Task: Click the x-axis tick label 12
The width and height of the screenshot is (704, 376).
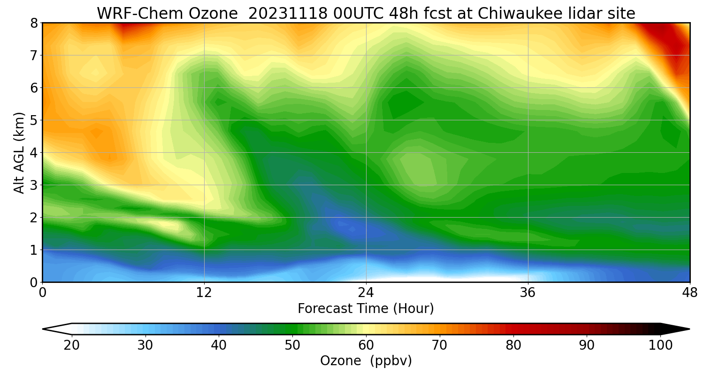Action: tap(204, 293)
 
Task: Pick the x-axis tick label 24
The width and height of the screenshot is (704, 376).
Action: tap(366, 293)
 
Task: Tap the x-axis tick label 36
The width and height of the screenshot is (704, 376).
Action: tap(528, 293)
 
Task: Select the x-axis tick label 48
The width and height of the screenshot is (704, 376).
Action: tap(689, 293)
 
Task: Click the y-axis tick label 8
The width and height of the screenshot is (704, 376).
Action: tap(34, 23)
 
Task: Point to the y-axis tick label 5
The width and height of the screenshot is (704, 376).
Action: tap(34, 120)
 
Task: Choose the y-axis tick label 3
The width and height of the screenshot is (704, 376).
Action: tap(34, 185)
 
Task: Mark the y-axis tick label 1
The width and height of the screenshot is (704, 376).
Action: tap(34, 250)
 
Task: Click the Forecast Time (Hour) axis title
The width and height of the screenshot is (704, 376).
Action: tap(366, 309)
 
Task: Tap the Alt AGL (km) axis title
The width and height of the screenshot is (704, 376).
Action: tap(19, 152)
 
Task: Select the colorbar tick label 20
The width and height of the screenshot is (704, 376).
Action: tap(71, 345)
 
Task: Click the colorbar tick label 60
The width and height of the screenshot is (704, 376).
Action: tap(366, 345)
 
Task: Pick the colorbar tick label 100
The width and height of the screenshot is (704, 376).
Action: tap(661, 345)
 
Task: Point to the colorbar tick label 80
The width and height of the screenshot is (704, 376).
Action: tap(513, 345)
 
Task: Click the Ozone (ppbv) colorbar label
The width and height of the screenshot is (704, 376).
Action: tap(366, 361)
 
